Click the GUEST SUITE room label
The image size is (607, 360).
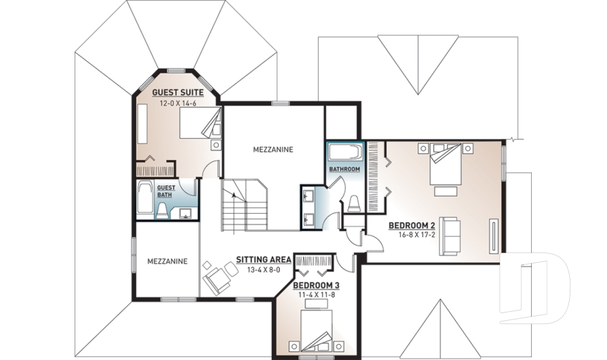[x=178, y=92]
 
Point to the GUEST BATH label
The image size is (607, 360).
[x=166, y=191]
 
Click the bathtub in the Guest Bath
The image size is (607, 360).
[x=145, y=199]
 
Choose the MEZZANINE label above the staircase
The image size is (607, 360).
[x=273, y=150]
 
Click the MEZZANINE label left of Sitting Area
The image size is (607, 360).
[x=167, y=261]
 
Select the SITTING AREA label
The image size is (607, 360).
[x=263, y=259]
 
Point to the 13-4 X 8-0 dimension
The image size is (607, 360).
[x=263, y=270]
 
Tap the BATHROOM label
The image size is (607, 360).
[x=345, y=170]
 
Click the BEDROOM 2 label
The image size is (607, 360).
[x=412, y=225]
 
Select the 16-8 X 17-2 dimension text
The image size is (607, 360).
[x=414, y=235]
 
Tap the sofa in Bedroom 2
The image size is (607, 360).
[x=449, y=235]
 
